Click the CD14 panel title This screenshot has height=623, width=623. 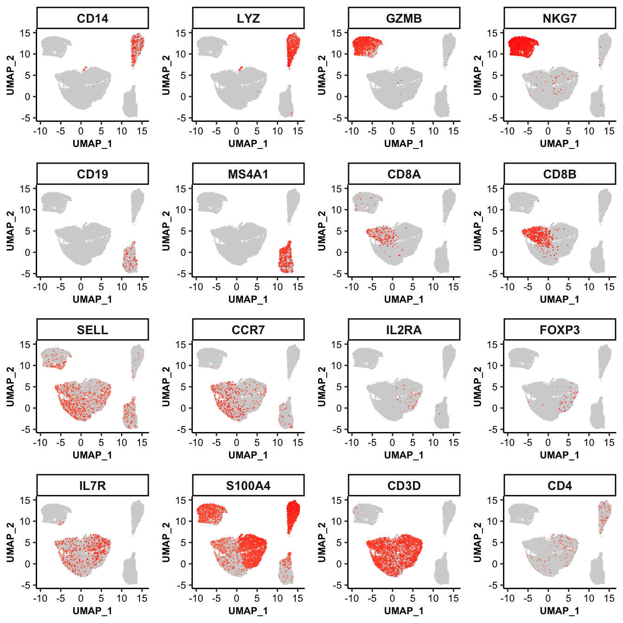click(92, 19)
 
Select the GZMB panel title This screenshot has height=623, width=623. click(404, 19)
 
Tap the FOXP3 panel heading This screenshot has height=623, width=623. click(559, 330)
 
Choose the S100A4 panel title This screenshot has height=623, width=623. click(248, 486)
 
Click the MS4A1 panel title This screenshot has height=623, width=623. click(248, 174)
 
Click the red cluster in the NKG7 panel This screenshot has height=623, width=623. click(522, 46)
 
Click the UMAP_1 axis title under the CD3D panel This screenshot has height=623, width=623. click(404, 610)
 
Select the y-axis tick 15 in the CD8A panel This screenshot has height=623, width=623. click(336, 189)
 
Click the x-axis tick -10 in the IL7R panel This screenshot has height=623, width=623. click(40, 598)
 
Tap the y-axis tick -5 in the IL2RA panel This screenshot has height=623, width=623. click(336, 430)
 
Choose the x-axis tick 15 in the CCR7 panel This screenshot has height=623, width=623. click(298, 443)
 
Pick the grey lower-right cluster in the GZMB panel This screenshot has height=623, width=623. click(441, 103)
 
